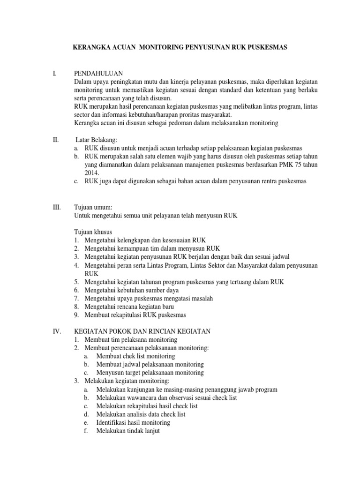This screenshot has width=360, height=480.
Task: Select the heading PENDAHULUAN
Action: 98,73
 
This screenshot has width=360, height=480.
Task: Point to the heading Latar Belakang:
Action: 98,140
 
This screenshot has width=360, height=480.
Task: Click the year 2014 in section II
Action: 92,173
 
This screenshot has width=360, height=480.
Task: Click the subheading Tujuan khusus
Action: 93,232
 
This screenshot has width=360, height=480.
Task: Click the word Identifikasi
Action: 113,423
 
